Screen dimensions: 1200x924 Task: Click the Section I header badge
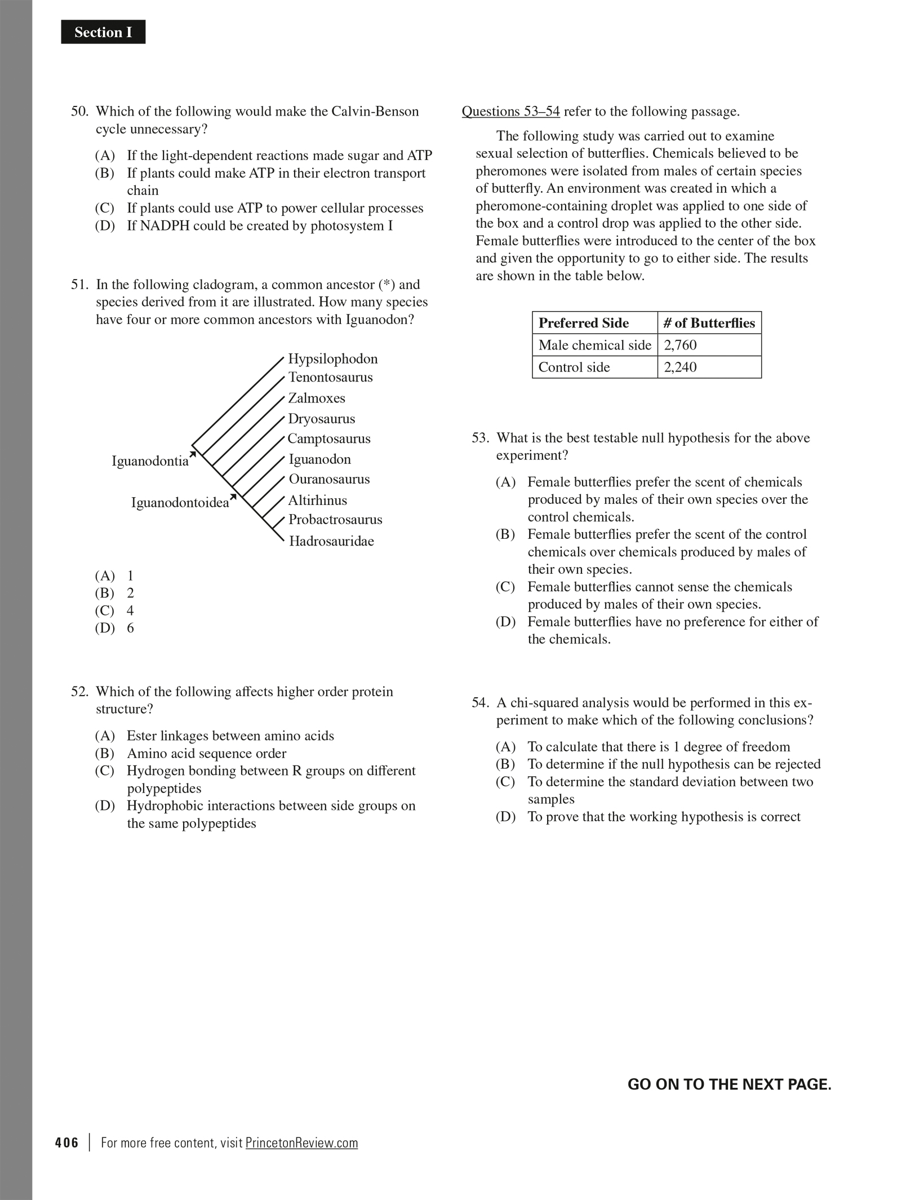click(103, 32)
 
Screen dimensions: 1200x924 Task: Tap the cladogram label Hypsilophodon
click(333, 359)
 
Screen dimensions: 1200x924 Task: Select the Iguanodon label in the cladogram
click(319, 459)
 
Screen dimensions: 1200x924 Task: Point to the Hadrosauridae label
click(331, 541)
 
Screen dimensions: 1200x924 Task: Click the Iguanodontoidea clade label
click(180, 502)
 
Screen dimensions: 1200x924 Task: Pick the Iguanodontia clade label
click(150, 461)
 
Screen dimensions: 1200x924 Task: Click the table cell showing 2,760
click(680, 345)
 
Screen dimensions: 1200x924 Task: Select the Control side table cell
click(574, 367)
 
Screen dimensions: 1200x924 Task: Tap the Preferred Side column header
click(583, 323)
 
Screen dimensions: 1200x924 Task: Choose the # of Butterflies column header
click(709, 323)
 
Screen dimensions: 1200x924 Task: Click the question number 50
click(79, 112)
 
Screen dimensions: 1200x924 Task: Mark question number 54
click(480, 703)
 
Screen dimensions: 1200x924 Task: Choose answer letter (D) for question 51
click(105, 628)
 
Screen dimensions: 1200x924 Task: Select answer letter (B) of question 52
click(105, 754)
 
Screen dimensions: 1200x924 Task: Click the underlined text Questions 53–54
click(510, 112)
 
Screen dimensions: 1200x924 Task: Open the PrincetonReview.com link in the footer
click(301, 1143)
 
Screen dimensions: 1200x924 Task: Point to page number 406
click(67, 1143)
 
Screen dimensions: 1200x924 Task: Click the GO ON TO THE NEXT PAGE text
click(729, 1084)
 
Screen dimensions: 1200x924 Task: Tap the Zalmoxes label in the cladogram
click(317, 398)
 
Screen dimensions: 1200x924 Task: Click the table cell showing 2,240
click(680, 367)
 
